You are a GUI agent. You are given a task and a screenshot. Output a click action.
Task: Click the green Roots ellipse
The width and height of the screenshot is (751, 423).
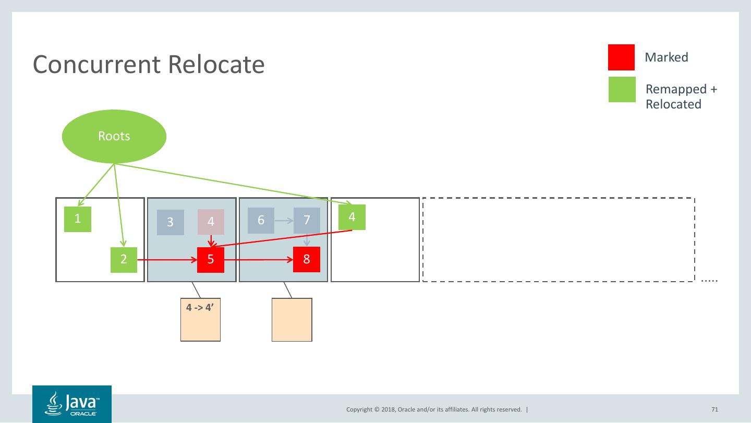(114, 136)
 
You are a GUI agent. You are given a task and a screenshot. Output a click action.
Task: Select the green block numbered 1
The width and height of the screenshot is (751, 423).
(78, 219)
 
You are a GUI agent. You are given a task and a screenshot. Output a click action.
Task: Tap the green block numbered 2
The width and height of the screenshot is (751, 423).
(124, 260)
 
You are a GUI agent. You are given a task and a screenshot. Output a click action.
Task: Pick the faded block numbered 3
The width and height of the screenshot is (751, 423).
(171, 222)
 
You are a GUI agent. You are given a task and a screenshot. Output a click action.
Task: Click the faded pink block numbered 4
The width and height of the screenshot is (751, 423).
(211, 222)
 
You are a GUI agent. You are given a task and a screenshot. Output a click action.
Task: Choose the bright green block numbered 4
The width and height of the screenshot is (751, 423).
(352, 217)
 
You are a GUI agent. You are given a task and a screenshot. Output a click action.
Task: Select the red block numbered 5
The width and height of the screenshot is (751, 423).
(211, 260)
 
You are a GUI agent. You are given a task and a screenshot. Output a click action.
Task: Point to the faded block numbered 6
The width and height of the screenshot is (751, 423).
(261, 221)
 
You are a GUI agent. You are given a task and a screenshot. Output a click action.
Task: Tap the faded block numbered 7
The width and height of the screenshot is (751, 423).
(307, 221)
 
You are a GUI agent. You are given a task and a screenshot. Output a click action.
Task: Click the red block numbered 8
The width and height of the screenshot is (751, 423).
(307, 259)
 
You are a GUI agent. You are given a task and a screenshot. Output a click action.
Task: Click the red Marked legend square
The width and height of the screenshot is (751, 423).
(621, 57)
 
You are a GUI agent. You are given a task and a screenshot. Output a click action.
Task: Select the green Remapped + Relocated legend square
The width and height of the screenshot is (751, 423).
(622, 89)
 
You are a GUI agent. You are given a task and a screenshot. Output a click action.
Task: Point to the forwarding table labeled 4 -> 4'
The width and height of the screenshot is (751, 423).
(200, 320)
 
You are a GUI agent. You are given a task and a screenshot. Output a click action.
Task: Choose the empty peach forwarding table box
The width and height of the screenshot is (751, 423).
(292, 320)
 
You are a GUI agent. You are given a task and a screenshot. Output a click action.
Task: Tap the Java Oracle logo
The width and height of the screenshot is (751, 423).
(72, 404)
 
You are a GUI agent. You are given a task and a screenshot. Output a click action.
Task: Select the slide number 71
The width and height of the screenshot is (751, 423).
(715, 409)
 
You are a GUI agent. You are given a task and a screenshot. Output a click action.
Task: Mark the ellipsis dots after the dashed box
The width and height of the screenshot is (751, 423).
(709, 281)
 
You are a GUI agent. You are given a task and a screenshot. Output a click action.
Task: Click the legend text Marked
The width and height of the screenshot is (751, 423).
(667, 57)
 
